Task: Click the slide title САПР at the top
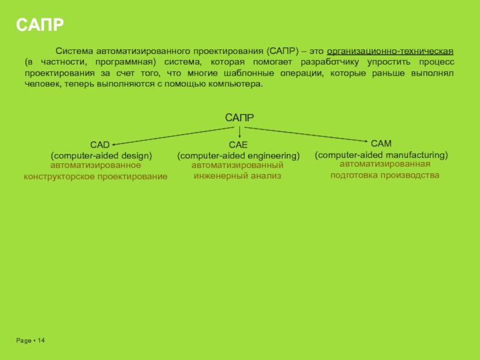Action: pos(40,25)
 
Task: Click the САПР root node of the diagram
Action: pos(239,118)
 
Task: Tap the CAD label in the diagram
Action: pos(100,145)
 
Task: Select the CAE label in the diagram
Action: pos(238,145)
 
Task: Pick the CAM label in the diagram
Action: pos(381,143)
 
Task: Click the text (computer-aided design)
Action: pos(101,155)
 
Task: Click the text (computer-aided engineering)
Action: pos(238,155)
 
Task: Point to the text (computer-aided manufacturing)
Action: pos(382,155)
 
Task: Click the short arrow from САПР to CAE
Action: pos(239,131)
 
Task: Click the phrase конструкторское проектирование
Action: pos(95,176)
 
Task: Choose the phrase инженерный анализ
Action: pos(237,176)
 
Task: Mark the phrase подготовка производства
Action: pos(385,175)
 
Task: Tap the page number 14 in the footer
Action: pos(41,341)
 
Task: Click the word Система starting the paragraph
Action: pos(73,52)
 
